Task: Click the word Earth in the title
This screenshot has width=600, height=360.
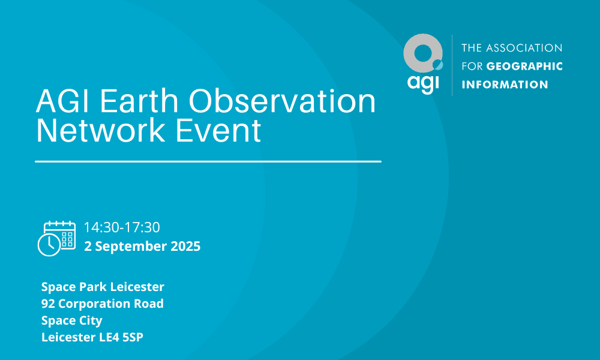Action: click(x=139, y=101)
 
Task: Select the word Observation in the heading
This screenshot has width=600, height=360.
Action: click(x=283, y=101)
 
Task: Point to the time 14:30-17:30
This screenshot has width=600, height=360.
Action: click(x=122, y=227)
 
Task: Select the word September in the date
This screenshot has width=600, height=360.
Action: click(x=131, y=247)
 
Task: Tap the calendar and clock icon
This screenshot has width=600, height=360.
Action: click(x=56, y=238)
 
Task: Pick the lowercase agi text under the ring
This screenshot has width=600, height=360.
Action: click(x=423, y=83)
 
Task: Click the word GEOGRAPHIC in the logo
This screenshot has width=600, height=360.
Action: click(x=524, y=66)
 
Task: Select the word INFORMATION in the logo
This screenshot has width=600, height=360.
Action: click(x=505, y=85)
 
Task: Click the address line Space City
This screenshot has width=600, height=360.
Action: click(x=71, y=320)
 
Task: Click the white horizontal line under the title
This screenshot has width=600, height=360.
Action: click(x=208, y=161)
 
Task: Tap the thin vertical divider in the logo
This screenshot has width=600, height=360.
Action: click(x=452, y=65)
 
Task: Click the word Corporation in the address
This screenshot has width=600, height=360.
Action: click(x=94, y=304)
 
